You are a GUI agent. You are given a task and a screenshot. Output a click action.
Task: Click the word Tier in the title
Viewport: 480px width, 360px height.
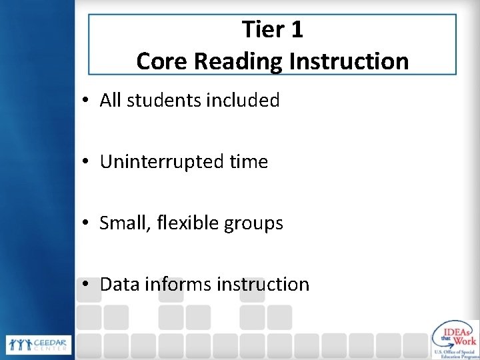point(263,30)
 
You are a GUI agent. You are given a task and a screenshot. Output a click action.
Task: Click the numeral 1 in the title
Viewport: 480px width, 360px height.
point(296,30)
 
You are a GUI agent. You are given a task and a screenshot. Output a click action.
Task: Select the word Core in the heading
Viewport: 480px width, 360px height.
point(161,61)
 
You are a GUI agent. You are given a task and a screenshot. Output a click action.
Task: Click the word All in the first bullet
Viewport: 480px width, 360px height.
point(112,101)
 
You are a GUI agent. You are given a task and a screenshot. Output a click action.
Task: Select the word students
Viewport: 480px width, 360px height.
point(160,101)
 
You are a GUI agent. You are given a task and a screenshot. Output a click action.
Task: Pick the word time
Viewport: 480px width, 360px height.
point(248,162)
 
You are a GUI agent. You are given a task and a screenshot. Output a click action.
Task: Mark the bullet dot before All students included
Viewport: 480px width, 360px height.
point(87,101)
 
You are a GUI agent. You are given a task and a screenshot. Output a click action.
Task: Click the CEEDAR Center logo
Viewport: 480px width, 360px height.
point(39,345)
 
